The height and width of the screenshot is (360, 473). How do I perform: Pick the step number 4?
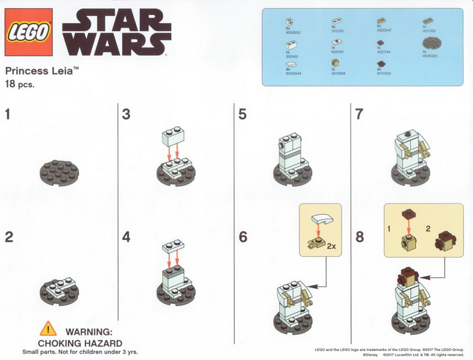[126, 236]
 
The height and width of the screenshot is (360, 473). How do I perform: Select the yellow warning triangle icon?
[47, 329]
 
